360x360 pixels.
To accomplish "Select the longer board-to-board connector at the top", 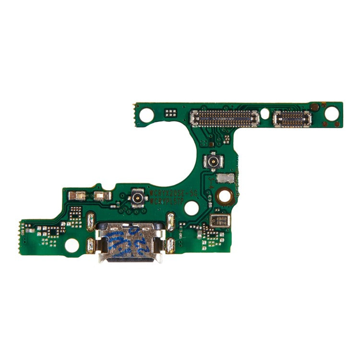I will (x=223, y=116).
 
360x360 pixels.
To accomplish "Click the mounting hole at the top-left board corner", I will (x=148, y=114).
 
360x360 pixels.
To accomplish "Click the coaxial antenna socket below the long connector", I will (x=212, y=161).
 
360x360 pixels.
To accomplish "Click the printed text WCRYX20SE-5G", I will (x=174, y=191).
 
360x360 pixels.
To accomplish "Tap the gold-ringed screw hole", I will (x=224, y=195).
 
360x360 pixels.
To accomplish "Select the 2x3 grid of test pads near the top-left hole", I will (x=170, y=114).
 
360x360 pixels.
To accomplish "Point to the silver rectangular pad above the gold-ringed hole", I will (x=224, y=179).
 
